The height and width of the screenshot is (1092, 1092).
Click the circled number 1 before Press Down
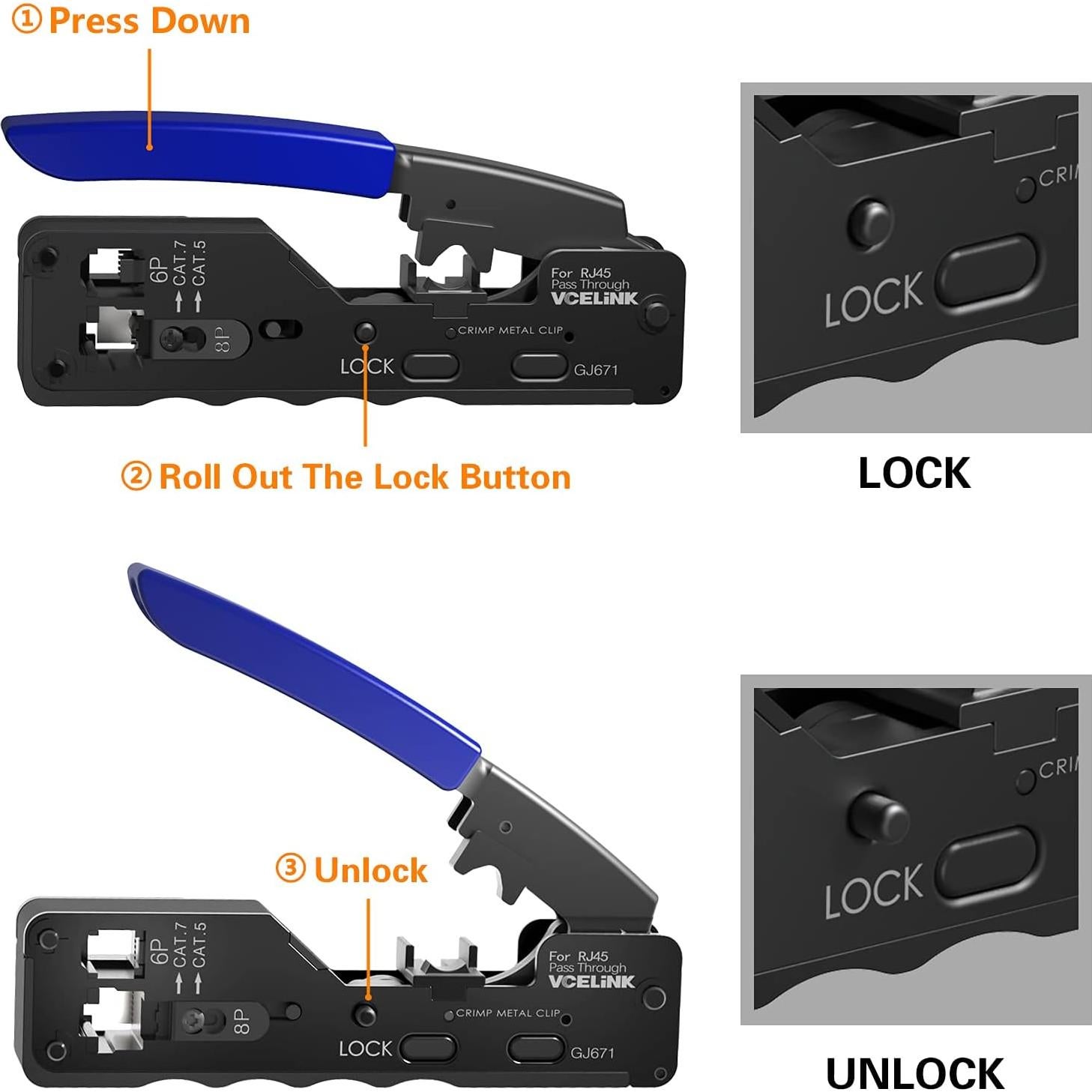[27, 20]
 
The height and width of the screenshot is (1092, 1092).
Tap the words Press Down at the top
[149, 20]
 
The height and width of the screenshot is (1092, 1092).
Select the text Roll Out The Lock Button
[364, 477]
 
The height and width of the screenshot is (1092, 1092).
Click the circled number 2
[136, 477]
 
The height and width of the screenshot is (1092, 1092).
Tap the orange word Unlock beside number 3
[370, 870]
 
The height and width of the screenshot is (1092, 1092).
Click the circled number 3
[291, 869]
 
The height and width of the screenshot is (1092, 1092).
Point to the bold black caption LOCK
[914, 473]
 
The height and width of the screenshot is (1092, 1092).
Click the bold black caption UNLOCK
[914, 1073]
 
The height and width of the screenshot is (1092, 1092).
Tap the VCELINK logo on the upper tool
[594, 298]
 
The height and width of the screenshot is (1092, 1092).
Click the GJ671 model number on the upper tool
[596, 369]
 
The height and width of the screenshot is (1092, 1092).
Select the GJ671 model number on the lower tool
[592, 1053]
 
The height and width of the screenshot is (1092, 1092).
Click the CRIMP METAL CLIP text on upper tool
[510, 330]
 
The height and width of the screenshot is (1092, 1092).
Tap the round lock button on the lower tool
[366, 1015]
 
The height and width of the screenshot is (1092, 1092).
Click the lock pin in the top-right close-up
[869, 222]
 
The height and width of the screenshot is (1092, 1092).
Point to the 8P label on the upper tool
[223, 339]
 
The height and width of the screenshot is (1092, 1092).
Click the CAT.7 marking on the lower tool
[180, 944]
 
